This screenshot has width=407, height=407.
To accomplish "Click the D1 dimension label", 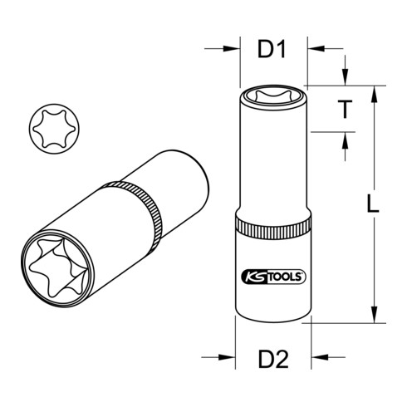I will (271, 50).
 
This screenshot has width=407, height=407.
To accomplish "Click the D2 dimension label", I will (272, 360).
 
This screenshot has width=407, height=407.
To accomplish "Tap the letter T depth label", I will (341, 109).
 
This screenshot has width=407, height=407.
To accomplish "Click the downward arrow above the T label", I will (341, 80).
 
